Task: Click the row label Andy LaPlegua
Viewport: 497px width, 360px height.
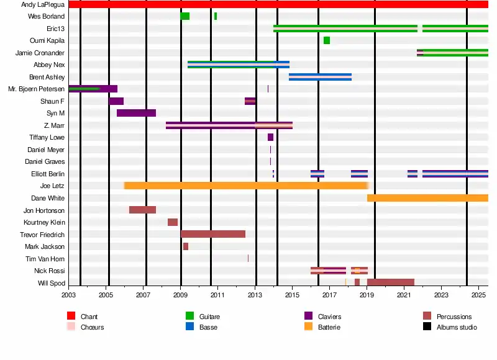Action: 43,4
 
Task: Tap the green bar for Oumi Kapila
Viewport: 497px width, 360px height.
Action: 327,40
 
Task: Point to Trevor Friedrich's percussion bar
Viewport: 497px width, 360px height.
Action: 213,234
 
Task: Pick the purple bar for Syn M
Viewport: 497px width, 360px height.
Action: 136,113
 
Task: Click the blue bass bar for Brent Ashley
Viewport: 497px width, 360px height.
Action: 320,77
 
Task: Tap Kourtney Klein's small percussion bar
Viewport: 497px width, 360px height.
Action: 173,222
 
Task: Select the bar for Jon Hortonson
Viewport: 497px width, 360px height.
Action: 142,210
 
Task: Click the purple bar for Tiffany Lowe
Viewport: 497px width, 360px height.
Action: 270,137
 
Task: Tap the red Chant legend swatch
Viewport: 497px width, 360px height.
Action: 71,317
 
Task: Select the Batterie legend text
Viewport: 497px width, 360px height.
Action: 329,327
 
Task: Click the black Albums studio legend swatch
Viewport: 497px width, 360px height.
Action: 427,326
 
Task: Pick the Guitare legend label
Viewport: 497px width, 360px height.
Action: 209,317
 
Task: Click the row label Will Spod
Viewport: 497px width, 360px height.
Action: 50,283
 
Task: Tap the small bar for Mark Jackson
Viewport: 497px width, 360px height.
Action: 186,246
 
